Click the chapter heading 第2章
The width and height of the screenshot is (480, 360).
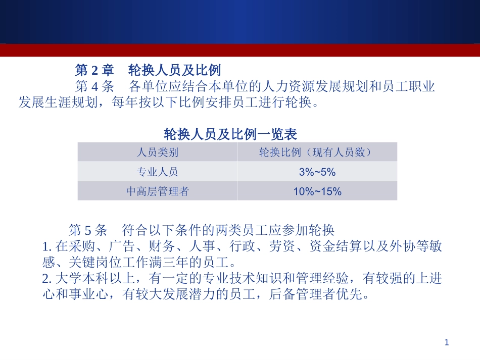click(x=95, y=69)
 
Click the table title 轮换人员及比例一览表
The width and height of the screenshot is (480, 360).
click(x=230, y=134)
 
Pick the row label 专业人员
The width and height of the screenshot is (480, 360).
click(x=157, y=172)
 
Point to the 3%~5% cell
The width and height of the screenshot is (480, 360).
click(x=317, y=172)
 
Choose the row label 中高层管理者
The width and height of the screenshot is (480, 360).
click(x=157, y=191)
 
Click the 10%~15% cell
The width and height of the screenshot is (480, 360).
click(x=317, y=191)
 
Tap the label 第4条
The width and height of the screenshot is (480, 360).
click(x=95, y=86)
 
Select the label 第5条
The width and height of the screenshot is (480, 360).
click(x=88, y=231)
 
